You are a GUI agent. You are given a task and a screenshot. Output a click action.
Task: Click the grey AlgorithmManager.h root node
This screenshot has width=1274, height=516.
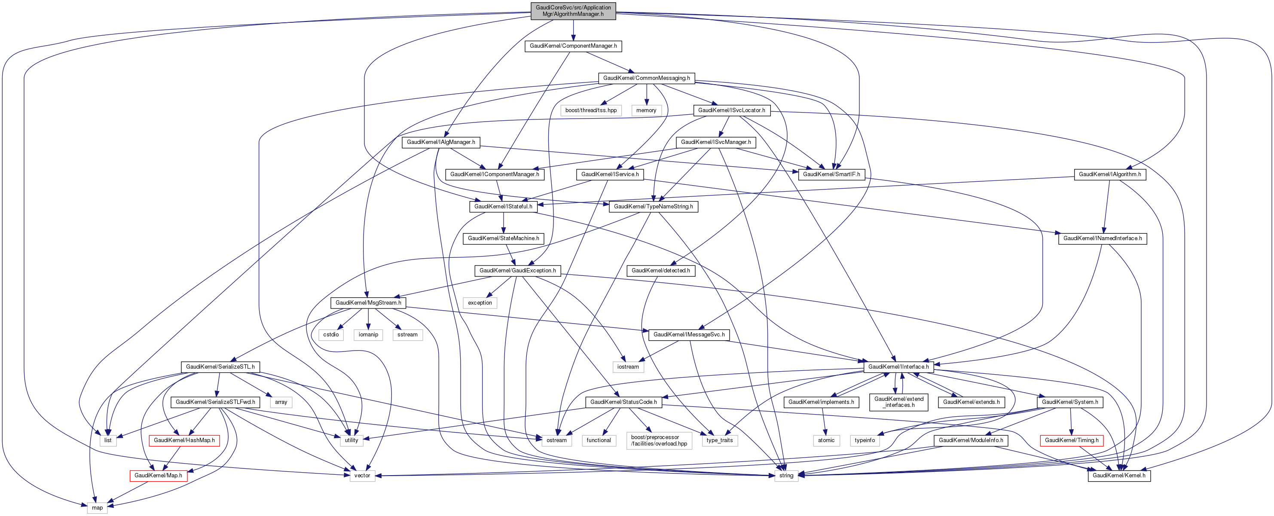coord(573,11)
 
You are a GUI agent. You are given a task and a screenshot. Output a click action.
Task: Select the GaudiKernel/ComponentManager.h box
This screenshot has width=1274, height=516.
coord(573,46)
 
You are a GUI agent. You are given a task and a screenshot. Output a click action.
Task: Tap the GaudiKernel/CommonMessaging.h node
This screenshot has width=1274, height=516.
coord(646,78)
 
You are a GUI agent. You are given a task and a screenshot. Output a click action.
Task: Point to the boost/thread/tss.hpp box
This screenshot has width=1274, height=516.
coord(590,110)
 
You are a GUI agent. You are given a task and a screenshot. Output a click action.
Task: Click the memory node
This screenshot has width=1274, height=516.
coord(646,110)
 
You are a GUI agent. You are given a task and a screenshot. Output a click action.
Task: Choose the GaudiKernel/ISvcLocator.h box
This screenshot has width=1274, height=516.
coord(731,110)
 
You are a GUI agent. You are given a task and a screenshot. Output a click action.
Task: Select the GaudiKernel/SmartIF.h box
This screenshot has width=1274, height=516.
coord(831,174)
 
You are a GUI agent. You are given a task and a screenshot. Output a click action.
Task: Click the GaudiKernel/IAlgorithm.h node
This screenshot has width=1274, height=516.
coord(1109,174)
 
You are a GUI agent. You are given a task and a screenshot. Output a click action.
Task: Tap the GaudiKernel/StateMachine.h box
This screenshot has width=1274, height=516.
coord(503,238)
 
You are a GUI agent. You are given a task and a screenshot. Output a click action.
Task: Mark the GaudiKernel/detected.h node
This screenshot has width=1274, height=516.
coord(660,271)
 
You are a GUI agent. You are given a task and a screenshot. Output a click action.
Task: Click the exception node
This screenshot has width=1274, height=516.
coord(480,303)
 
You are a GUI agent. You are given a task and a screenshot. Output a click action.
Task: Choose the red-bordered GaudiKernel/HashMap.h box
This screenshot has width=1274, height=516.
coord(184,440)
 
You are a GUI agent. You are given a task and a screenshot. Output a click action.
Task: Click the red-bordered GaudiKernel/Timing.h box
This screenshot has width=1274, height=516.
coord(1071,440)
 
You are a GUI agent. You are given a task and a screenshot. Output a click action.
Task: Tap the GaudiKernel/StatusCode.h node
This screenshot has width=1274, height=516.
coord(623,402)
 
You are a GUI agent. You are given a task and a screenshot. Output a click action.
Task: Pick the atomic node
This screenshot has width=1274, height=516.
coord(825,440)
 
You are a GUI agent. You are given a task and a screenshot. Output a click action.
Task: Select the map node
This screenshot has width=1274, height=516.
coord(97,507)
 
